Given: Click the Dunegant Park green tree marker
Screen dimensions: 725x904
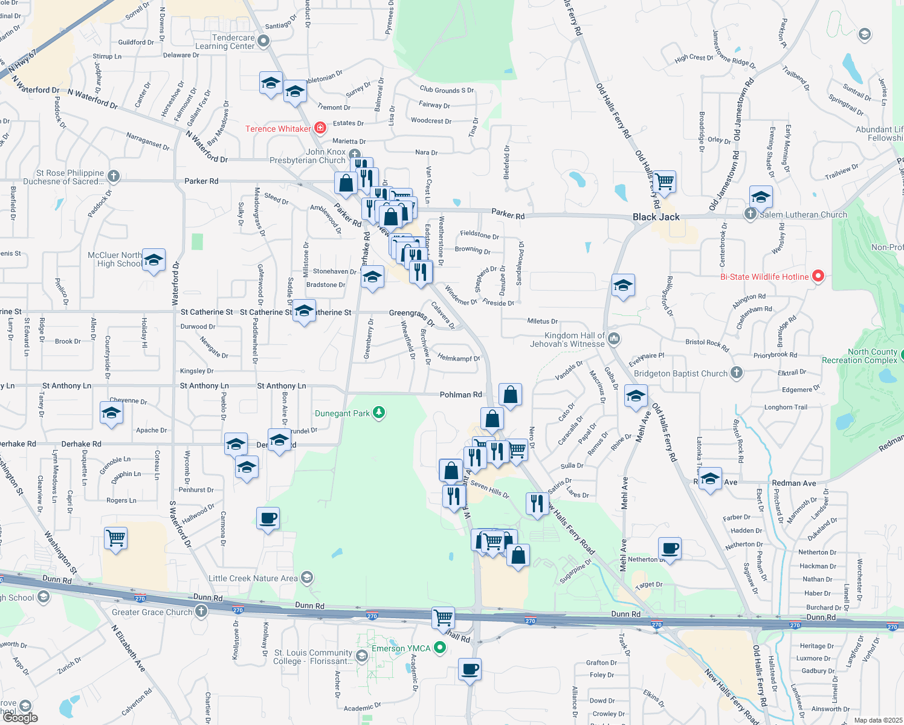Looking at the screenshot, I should point(379,413).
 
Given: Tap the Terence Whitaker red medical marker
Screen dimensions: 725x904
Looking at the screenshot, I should point(320,128).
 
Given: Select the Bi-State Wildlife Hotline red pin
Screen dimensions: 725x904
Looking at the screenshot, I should point(818,276).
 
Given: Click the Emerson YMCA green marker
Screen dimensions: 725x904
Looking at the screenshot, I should point(440,648).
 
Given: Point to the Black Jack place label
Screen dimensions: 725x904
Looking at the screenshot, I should point(656,217).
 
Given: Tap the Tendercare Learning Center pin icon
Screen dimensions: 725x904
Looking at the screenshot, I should point(263,41).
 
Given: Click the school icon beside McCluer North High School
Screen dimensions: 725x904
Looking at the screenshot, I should point(153,260).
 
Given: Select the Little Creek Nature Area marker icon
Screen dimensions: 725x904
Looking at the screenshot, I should point(307,578).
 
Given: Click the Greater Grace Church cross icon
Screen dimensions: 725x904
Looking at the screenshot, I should point(201,611).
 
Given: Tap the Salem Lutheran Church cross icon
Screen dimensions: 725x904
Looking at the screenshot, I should point(751,214).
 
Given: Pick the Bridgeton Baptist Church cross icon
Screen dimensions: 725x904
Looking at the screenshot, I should point(737,373).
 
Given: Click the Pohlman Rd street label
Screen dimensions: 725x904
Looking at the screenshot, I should point(460,395).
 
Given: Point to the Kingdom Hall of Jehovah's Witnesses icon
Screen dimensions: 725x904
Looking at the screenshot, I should point(614,338).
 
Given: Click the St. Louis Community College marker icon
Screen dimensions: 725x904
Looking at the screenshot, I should point(362,656).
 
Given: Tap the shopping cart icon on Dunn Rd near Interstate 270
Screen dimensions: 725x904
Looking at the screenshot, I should point(443,617).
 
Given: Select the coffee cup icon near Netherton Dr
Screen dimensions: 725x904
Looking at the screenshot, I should point(670,548).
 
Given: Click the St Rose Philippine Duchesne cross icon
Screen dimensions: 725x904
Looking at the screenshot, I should point(114,176).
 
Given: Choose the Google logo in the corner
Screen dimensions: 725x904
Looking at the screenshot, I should point(21,717).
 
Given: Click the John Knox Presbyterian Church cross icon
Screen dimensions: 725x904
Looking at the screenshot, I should point(355,155).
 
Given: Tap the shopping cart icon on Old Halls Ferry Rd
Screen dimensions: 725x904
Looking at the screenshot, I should point(664,181).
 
